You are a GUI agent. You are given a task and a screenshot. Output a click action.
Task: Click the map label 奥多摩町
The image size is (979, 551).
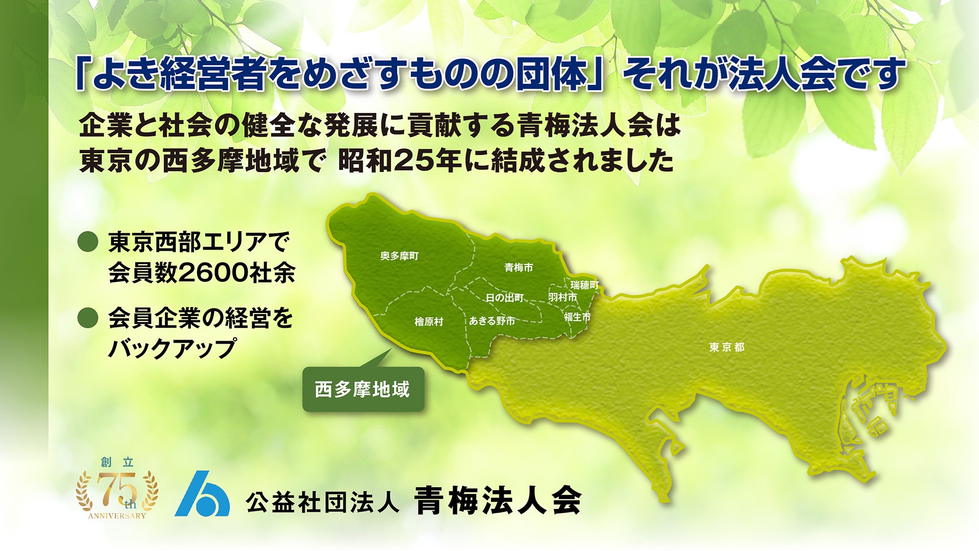399,256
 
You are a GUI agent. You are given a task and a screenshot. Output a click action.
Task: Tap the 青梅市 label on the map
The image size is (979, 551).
518,268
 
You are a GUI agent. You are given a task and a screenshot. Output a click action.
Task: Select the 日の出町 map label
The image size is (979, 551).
504,298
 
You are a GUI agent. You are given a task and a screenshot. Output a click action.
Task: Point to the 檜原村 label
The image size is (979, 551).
429,322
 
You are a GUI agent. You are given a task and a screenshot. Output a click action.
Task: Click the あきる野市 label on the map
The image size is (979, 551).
492,321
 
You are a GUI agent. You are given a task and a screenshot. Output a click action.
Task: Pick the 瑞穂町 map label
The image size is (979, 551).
584,285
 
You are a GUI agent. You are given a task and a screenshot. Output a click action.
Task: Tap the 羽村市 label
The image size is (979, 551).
562,297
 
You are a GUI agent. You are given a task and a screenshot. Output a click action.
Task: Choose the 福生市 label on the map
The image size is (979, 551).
577,317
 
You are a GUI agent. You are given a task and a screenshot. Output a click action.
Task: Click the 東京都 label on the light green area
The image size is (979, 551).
726,348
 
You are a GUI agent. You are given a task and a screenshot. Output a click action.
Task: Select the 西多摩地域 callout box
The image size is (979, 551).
363,390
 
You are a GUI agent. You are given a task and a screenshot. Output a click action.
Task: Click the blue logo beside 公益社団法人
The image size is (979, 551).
202,494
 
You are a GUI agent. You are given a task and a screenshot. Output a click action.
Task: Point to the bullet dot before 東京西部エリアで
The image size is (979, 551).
88,242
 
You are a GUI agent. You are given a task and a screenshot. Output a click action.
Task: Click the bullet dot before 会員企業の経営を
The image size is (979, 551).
88,318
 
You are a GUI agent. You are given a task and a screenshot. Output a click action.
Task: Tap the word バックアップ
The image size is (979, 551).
173,349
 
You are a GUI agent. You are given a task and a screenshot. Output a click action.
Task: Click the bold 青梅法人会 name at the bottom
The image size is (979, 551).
497,500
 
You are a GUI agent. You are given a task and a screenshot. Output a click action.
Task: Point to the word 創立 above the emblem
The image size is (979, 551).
117,463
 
